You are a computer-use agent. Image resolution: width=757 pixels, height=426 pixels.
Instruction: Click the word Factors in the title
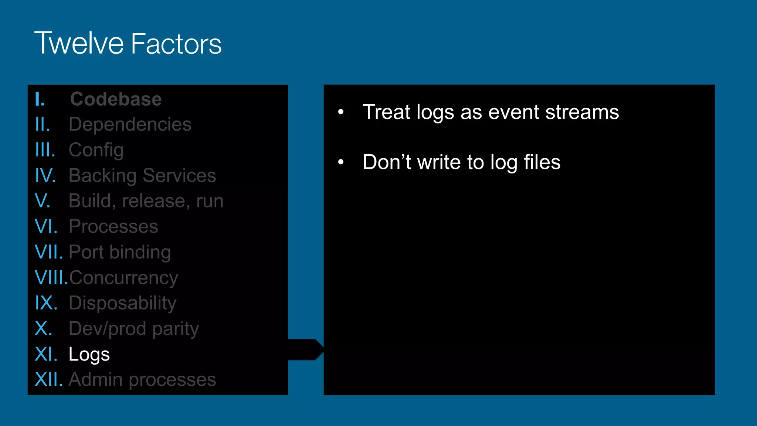click(176, 44)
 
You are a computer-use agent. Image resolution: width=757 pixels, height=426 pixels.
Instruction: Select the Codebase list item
click(116, 99)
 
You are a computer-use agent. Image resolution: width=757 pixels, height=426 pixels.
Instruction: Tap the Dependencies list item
click(130, 124)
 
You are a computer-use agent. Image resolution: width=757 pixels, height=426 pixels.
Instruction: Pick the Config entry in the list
click(96, 150)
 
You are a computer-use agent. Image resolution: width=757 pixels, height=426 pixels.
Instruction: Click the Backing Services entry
click(142, 175)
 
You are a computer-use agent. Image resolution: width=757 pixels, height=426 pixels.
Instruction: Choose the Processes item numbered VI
click(113, 226)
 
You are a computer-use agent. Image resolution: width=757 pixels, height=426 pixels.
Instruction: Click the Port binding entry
click(120, 252)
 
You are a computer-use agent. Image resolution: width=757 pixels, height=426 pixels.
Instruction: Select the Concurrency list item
click(123, 278)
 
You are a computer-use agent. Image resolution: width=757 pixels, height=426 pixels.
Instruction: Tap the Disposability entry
click(122, 303)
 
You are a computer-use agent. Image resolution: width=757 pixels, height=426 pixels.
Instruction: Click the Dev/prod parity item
click(134, 329)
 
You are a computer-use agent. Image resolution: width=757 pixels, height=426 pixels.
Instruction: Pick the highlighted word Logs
click(89, 354)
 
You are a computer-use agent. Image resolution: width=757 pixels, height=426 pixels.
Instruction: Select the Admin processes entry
click(142, 380)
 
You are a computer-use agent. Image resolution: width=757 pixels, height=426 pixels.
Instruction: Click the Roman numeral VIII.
click(51, 278)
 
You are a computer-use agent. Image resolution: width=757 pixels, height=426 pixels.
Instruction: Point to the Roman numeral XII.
click(48, 380)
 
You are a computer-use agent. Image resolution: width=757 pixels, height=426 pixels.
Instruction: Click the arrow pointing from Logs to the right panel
click(306, 349)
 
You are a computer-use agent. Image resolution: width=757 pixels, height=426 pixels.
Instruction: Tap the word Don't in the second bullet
click(387, 162)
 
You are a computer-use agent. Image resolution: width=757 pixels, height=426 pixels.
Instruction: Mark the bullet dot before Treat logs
click(341, 112)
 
